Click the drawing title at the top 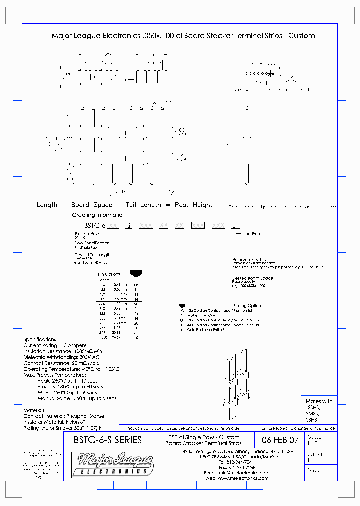[x=183, y=36]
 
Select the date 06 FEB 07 [x=280, y=440]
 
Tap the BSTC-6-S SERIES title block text [x=108, y=440]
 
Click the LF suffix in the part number [x=235, y=225]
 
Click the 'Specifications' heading [x=40, y=340]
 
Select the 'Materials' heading [x=34, y=410]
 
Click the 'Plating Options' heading [x=248, y=305]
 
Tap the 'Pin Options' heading [x=109, y=274]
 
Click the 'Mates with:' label [x=319, y=401]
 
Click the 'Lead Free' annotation [x=250, y=234]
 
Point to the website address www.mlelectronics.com [x=244, y=478]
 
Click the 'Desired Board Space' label [x=252, y=278]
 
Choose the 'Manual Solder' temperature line [x=77, y=398]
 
